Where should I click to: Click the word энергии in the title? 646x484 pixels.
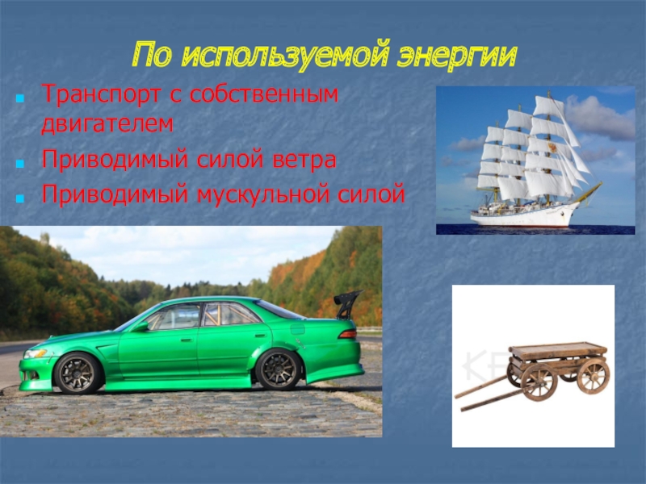(x=456, y=55)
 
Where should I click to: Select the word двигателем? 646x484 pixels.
(x=107, y=124)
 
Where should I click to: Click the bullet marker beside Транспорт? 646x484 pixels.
(x=19, y=98)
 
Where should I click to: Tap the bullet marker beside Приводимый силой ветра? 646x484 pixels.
(x=19, y=164)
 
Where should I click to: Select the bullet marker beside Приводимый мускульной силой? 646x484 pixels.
(x=19, y=198)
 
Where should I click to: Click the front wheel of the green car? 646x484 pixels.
(x=78, y=373)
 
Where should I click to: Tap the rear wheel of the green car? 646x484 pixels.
(x=279, y=369)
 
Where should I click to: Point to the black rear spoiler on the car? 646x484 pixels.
(x=347, y=304)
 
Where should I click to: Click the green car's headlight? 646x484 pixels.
(x=36, y=353)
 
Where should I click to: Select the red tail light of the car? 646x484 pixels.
(x=347, y=334)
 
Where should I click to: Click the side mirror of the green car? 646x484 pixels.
(x=141, y=327)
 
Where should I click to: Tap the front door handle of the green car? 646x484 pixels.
(x=187, y=340)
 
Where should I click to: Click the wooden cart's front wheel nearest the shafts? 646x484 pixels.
(x=539, y=382)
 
